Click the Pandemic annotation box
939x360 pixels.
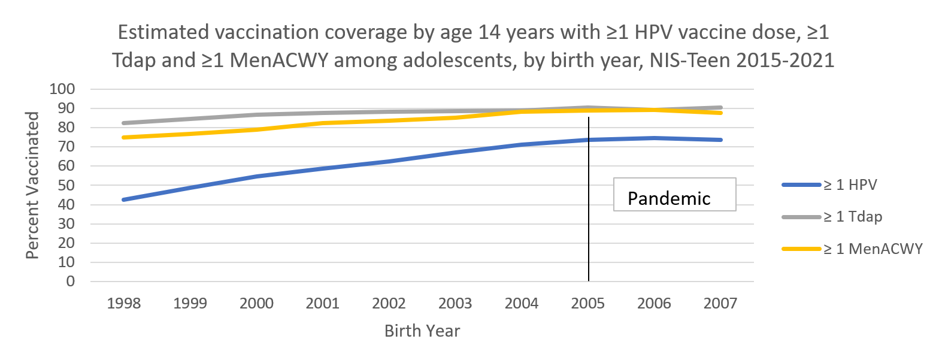[x=674, y=194]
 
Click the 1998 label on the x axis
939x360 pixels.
[x=123, y=303]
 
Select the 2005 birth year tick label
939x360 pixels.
[x=588, y=303]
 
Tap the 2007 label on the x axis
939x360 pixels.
[x=721, y=303]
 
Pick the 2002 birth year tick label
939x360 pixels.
[x=389, y=303]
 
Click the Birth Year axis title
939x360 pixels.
[x=422, y=331]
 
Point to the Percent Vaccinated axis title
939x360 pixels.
[x=34, y=185]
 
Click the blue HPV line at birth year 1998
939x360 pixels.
[x=123, y=199]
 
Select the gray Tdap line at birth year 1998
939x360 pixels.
[x=123, y=123]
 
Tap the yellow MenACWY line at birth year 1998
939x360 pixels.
[x=123, y=137]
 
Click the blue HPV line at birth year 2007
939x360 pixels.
[x=720, y=140]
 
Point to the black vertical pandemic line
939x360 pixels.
[x=589, y=240]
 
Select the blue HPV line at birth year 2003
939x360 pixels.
[x=455, y=153]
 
